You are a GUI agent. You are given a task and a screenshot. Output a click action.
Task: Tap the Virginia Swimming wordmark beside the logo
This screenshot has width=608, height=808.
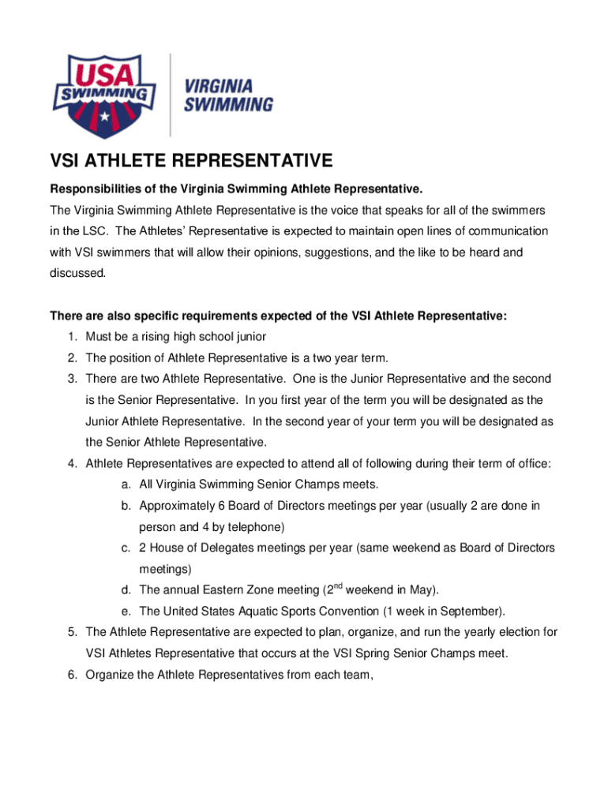(x=229, y=94)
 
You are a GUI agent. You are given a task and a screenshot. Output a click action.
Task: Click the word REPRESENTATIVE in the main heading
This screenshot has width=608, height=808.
(x=247, y=162)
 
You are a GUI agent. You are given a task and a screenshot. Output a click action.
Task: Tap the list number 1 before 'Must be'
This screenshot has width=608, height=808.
(x=72, y=337)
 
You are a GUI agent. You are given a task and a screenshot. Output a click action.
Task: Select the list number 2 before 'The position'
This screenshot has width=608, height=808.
(x=72, y=358)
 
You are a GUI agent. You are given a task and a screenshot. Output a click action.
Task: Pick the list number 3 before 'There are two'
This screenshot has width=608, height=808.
(x=72, y=379)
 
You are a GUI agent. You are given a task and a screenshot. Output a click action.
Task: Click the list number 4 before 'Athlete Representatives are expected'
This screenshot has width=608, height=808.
(x=72, y=463)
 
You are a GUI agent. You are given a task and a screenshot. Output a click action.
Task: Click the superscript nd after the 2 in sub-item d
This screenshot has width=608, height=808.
(x=336, y=585)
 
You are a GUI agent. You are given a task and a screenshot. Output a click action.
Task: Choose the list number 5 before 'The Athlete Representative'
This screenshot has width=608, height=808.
(x=72, y=632)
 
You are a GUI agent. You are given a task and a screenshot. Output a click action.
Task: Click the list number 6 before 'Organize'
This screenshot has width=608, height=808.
(x=72, y=674)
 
